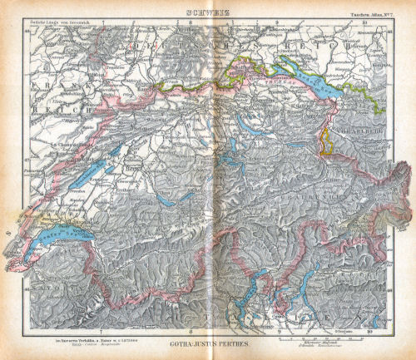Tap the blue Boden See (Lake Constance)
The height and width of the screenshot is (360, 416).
(314, 74)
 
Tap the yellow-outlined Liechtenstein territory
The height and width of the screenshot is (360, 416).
(329, 141)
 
